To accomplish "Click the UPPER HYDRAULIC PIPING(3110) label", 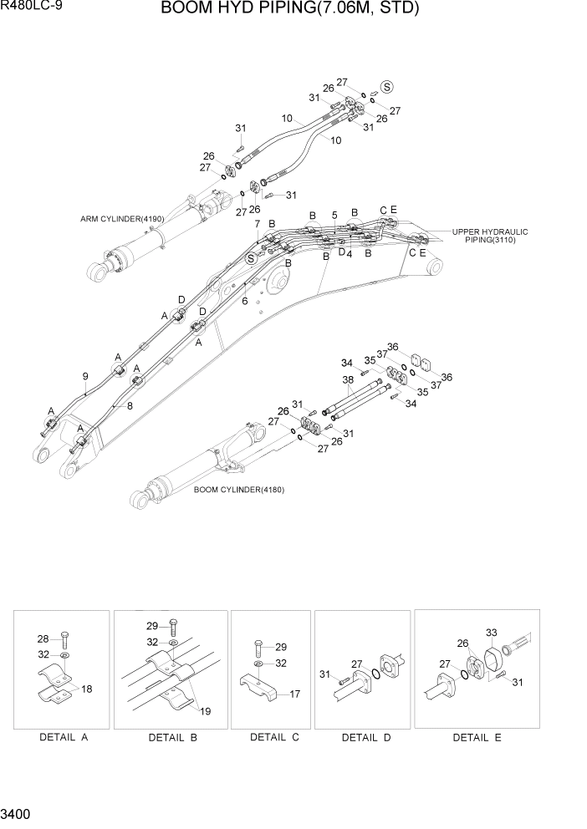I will [x=490, y=235].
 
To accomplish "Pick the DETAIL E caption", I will [x=471, y=737].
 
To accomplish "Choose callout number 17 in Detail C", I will [x=294, y=693].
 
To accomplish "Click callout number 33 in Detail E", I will [x=491, y=633].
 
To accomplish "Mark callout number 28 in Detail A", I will [x=43, y=638].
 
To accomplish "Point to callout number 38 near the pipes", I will [x=347, y=379].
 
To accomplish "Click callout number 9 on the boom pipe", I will [x=85, y=376].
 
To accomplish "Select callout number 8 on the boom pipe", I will [x=128, y=406].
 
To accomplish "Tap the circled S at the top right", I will [x=387, y=86].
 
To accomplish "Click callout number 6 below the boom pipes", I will [x=245, y=301].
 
